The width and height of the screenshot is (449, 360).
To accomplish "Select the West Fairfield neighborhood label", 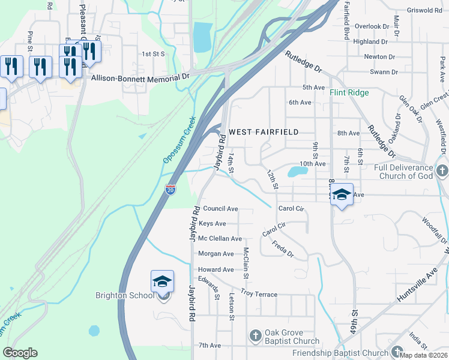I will point(263,131).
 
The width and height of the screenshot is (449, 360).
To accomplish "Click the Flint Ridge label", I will point(349,93).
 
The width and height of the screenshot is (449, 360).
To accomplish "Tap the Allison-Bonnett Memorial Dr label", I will point(140,77).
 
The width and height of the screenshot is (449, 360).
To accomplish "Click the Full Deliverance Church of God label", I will point(403,172).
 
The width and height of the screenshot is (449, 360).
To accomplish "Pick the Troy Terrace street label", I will point(259,294).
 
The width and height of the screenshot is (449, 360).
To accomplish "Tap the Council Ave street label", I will point(220,209).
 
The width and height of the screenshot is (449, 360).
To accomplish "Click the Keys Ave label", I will point(212,224).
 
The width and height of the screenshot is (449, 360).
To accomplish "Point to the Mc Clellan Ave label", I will point(220,239).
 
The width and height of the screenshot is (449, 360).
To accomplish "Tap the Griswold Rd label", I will point(424,11).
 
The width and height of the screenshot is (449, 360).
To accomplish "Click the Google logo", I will point(20,353).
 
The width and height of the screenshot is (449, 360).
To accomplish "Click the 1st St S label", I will point(153,53).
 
